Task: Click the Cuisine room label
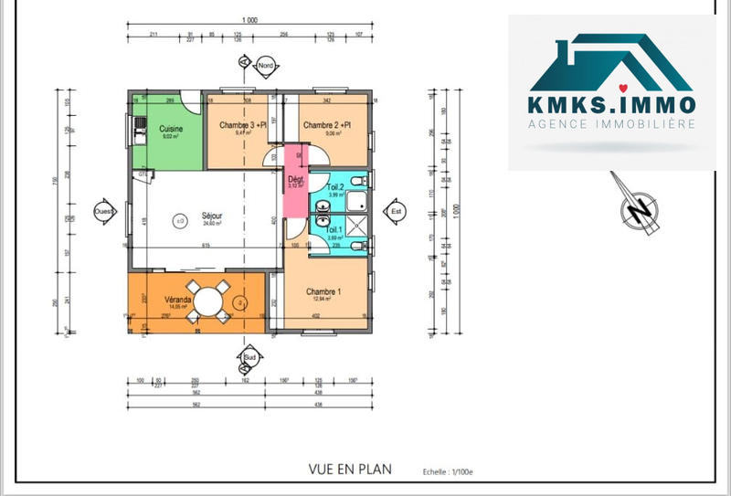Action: [x=171, y=129]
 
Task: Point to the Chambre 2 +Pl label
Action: [x=328, y=125]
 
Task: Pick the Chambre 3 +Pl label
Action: [x=242, y=125]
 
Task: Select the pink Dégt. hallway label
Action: [x=296, y=180]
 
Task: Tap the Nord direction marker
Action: [x=266, y=66]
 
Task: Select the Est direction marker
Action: [x=396, y=210]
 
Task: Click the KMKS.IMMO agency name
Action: [x=611, y=104]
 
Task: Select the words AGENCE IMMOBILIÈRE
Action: [x=612, y=123]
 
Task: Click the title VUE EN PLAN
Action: [x=350, y=470]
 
